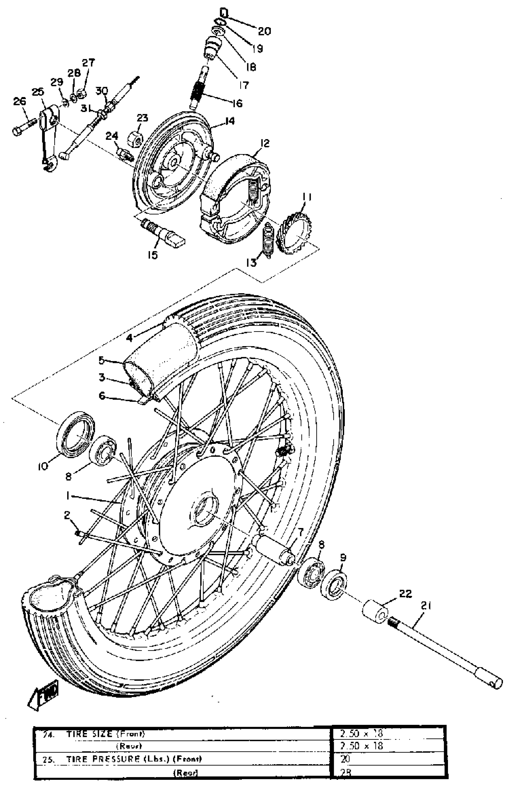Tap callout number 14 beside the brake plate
point(229,121)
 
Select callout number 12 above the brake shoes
point(264,143)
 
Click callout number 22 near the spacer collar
point(406,593)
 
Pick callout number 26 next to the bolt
point(19,101)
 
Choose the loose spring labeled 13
point(268,237)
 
